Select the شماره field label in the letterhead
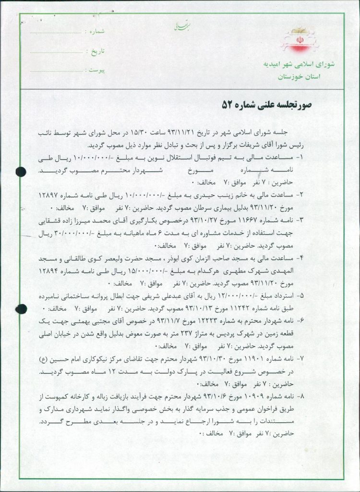95,31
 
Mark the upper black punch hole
21,171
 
